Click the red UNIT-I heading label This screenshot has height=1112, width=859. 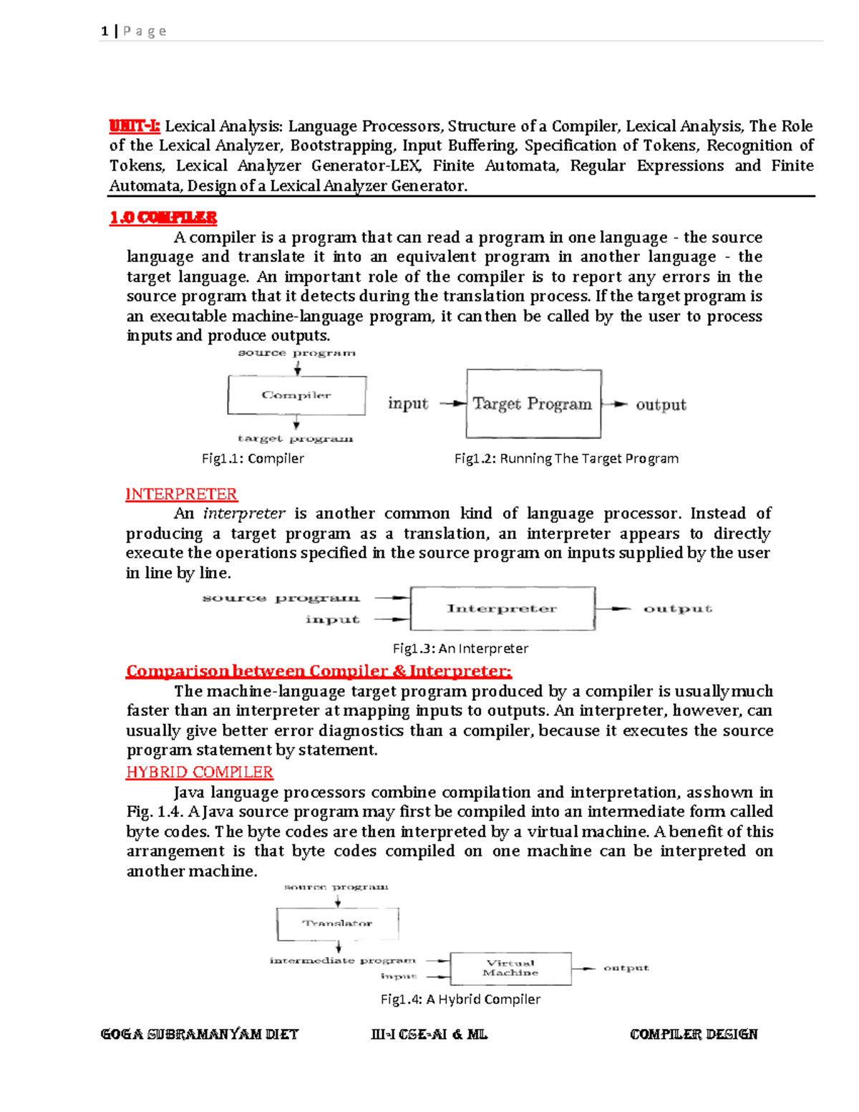[x=135, y=127]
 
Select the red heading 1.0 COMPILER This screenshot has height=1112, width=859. [x=163, y=218]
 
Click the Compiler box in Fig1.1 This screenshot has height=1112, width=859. [x=296, y=395]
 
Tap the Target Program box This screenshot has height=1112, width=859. [x=533, y=404]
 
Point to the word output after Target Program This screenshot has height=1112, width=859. [x=661, y=405]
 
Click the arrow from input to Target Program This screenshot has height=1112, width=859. [x=452, y=404]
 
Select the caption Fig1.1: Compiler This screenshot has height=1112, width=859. [x=253, y=458]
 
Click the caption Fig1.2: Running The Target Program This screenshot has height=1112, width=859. [x=566, y=458]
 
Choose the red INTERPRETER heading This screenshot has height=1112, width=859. [x=181, y=494]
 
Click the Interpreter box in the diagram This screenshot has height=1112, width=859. [x=502, y=609]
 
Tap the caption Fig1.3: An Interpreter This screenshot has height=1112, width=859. [x=460, y=648]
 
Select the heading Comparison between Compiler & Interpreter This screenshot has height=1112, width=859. [x=319, y=672]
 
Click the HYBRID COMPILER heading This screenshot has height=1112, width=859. [x=200, y=772]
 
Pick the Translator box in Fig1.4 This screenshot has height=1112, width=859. [x=337, y=924]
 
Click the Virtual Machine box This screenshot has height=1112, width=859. [x=510, y=968]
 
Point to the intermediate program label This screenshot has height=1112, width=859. [x=342, y=960]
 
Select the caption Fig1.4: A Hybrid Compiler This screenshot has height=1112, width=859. [x=460, y=999]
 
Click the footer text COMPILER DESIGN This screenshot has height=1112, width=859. [x=693, y=1034]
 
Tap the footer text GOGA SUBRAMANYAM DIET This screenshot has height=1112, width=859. [x=199, y=1034]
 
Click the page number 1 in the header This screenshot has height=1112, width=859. [x=105, y=31]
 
